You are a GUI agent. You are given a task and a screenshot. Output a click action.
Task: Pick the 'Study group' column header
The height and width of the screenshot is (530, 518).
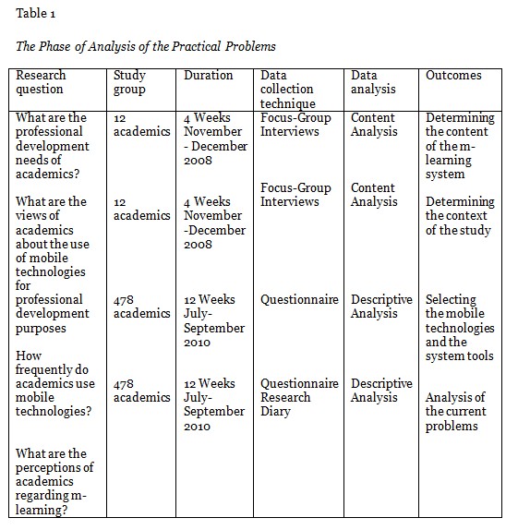[x=130, y=82]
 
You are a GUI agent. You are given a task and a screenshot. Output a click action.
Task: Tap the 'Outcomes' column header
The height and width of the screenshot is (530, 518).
[x=454, y=75]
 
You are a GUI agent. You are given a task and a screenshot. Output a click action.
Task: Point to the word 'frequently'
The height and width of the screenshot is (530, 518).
[x=46, y=369]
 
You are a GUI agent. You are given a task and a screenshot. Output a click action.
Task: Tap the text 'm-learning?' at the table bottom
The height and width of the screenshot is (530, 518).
[x=47, y=510]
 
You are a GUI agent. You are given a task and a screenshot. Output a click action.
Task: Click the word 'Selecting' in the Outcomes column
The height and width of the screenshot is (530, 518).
[x=452, y=299]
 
